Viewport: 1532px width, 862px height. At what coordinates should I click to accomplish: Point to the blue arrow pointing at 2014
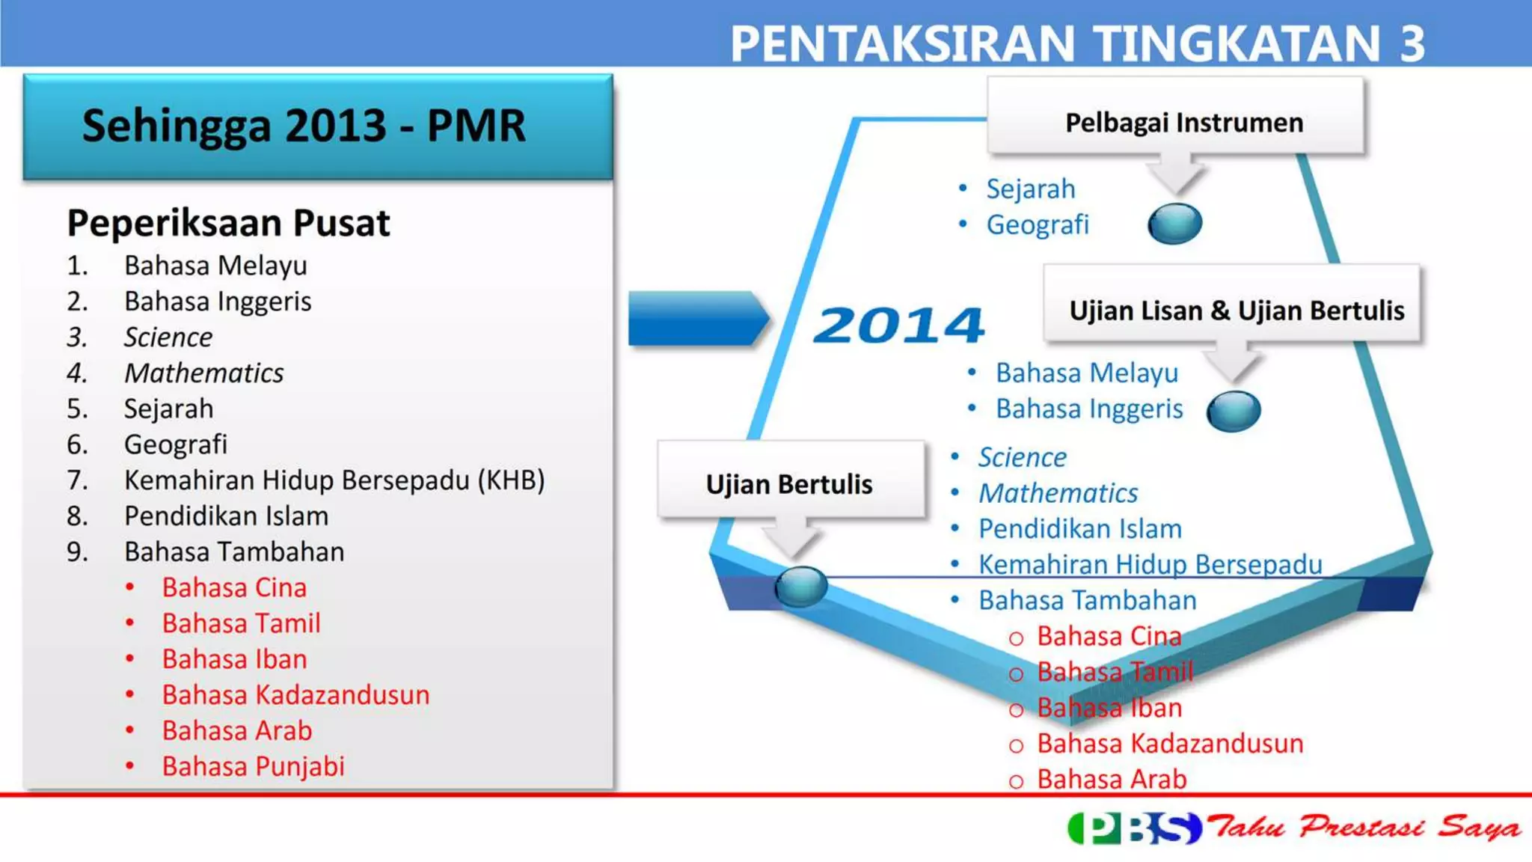(696, 319)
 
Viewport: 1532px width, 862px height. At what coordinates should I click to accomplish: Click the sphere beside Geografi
(1174, 224)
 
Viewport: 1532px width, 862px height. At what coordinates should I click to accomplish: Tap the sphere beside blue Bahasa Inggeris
(1233, 411)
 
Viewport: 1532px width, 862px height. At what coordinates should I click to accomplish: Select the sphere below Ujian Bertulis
(800, 585)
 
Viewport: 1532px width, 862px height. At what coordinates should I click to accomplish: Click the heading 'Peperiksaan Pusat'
(228, 223)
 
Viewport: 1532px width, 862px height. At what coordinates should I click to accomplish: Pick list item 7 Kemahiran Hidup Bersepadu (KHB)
(334, 480)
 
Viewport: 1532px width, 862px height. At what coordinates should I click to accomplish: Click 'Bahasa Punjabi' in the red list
(253, 766)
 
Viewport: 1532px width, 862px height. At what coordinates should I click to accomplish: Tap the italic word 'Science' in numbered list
(168, 337)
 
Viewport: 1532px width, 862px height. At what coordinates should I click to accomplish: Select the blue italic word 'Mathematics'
(1058, 493)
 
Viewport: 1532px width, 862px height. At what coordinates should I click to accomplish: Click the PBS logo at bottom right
(1134, 828)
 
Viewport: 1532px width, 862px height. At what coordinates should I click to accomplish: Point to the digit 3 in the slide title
(1412, 43)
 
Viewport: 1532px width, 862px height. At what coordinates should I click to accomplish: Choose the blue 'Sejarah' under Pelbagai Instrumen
(1030, 189)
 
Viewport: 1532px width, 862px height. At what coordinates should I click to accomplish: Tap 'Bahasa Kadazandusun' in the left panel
(295, 695)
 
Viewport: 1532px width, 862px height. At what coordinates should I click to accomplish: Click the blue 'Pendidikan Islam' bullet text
(1079, 529)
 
